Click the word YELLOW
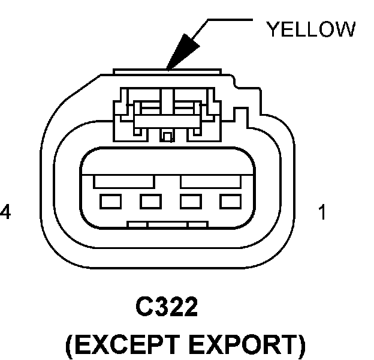(310, 29)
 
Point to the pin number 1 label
(322, 212)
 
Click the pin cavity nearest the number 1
(230, 202)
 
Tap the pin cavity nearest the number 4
(109, 202)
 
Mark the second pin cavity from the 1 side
(190, 202)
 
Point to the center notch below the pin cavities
(168, 226)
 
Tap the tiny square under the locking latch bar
(168, 137)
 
